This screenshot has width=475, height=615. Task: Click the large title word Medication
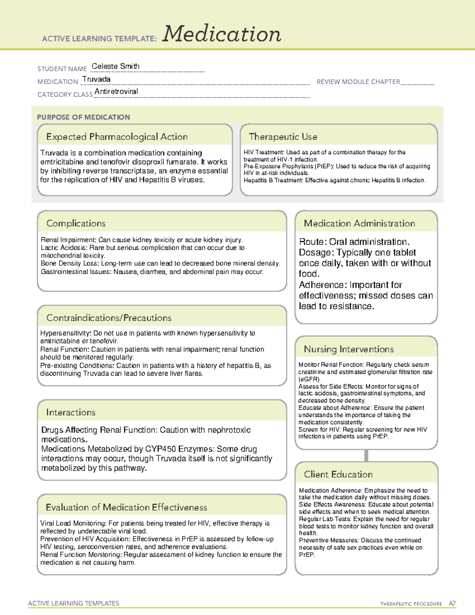[222, 34]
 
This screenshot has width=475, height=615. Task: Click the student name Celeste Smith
[116, 66]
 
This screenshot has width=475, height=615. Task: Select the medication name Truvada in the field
[97, 79]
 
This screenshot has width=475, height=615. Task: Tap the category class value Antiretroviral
[116, 91]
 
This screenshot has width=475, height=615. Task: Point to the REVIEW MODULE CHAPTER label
[358, 82]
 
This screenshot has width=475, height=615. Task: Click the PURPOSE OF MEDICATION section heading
[84, 117]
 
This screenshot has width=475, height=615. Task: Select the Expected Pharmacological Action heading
[117, 137]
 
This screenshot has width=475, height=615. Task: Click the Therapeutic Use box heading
[283, 137]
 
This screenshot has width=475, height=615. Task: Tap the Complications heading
[76, 223]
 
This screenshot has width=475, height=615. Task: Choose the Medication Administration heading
[359, 223]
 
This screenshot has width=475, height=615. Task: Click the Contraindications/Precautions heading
[109, 318]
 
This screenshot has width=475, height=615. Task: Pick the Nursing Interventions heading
[349, 349]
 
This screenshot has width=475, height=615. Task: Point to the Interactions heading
[71, 413]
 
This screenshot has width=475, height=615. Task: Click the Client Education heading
[338, 474]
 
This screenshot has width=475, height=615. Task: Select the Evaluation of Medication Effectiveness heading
[126, 507]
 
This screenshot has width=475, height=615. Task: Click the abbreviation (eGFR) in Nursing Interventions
[309, 379]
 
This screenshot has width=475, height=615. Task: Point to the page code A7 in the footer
[452, 604]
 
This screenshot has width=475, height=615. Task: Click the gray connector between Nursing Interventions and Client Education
[366, 455]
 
